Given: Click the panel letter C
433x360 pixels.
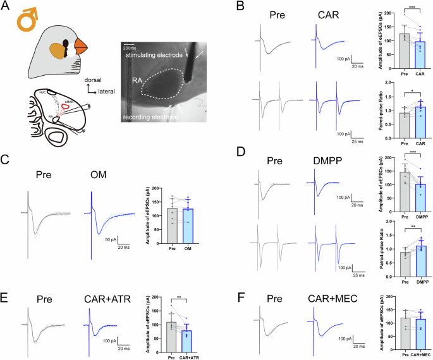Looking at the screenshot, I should (9, 157).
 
